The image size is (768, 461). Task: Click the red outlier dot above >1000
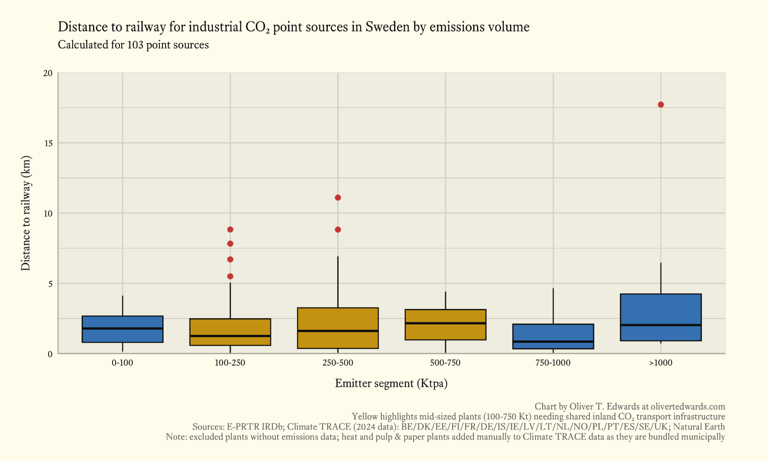pos(660,104)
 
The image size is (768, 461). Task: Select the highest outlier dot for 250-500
pos(338,197)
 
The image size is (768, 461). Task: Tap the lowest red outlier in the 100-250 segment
pos(230,276)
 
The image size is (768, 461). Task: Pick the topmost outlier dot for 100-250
pos(230,229)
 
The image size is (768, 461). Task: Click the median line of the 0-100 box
pos(122,328)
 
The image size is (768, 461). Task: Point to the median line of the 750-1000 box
pos(553,341)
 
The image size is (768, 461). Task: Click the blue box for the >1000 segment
pos(660,311)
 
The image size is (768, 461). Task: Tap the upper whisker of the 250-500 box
pos(338,282)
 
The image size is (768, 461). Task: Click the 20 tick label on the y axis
pos(48,73)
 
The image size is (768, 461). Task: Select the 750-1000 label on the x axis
pos(553,363)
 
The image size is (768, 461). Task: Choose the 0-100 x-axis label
pos(122,363)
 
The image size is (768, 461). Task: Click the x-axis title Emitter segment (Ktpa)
pos(391,383)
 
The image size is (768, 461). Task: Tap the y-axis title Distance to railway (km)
pos(26,213)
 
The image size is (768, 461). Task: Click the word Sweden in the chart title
pos(387,27)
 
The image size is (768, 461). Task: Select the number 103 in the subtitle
pos(135,45)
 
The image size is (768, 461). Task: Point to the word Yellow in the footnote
pos(365,416)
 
